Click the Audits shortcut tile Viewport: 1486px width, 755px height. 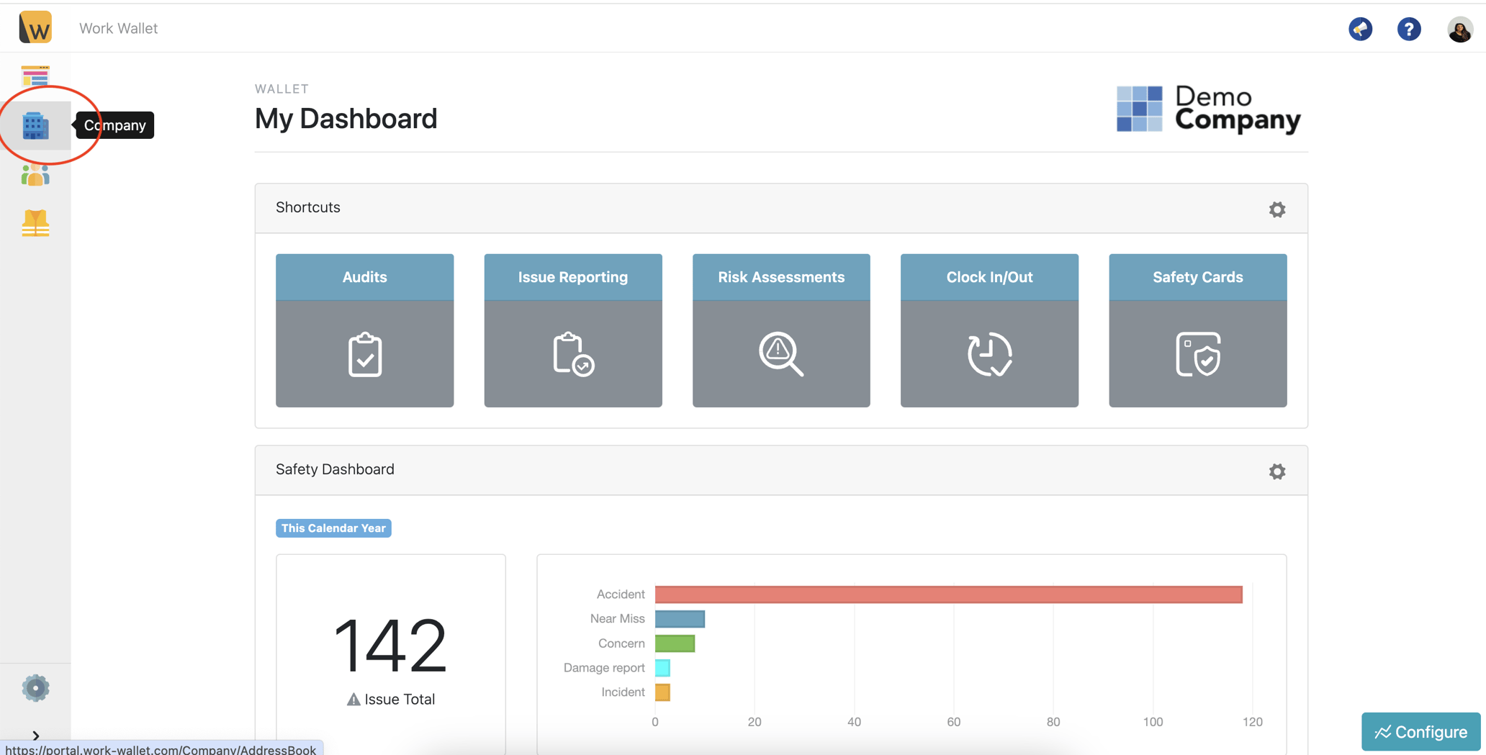coord(364,330)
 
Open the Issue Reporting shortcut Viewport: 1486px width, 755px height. coord(573,330)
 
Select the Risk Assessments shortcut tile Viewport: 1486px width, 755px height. coord(781,330)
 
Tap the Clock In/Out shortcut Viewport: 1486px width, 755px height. coord(989,330)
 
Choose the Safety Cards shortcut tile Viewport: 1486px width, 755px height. coord(1198,330)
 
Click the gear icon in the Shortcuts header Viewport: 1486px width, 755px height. coord(1277,209)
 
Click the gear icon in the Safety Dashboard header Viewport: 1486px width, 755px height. coord(1277,471)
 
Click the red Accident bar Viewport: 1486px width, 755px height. coord(949,594)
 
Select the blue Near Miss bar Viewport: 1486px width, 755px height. coord(680,619)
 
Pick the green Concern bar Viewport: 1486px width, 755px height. coord(675,643)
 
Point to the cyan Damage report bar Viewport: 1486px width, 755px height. coord(662,668)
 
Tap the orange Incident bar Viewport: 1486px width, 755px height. coord(662,692)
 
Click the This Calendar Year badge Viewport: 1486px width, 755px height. coord(333,528)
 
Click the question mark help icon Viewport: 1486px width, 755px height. coord(1409,29)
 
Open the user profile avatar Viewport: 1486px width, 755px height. coord(1459,30)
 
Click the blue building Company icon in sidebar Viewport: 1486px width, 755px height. coord(35,126)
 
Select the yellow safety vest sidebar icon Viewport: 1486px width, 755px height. coord(35,223)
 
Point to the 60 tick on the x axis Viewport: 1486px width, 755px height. coord(954,722)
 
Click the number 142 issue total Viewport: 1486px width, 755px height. coord(390,646)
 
